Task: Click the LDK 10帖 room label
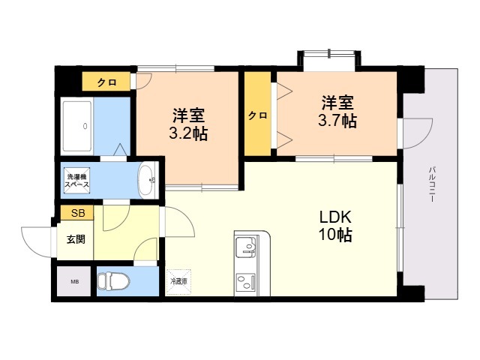pyautogui.click(x=335, y=225)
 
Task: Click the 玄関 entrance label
pyautogui.click(x=76, y=240)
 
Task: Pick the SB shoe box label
pyautogui.click(x=78, y=214)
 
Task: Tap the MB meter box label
pyautogui.click(x=74, y=282)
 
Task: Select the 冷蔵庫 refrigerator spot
pyautogui.click(x=178, y=281)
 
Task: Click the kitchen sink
pyautogui.click(x=246, y=247)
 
